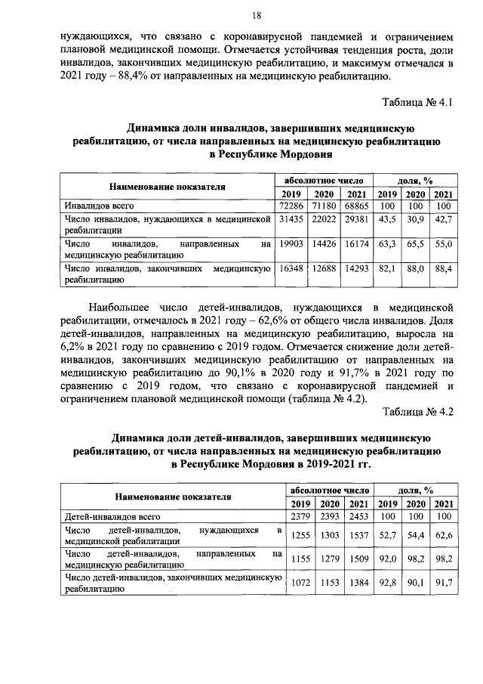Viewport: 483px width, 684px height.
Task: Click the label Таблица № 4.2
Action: pyautogui.click(x=417, y=411)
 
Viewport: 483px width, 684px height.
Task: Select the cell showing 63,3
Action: pyautogui.click(x=388, y=245)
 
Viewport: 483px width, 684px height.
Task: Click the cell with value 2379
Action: pyautogui.click(x=300, y=516)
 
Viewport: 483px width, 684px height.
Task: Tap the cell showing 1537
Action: pyautogui.click(x=359, y=534)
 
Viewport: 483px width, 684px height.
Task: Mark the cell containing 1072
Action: pyautogui.click(x=300, y=584)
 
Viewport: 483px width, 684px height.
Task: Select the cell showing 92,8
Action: pyautogui.click(x=388, y=584)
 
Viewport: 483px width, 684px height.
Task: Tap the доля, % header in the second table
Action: pyautogui.click(x=415, y=490)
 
